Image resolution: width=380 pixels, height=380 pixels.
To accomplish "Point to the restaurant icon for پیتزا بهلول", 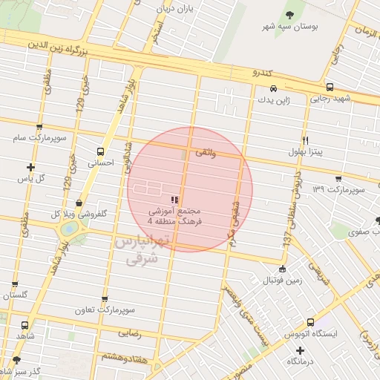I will coord(305,140).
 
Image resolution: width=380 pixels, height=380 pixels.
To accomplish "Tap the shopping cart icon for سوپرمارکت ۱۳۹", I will coord(338,179).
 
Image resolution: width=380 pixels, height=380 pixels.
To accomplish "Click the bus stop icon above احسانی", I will coord(100,151).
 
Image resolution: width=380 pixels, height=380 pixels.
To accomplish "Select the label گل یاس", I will coord(31,179).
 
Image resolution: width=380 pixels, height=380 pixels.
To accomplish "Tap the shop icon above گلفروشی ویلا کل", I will coord(79,203).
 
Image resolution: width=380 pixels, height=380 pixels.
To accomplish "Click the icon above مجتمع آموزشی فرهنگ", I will coord(174,200).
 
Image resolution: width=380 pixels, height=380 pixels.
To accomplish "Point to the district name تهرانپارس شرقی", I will coord(139,251).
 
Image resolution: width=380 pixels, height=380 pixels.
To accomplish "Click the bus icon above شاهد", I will coord(24,325).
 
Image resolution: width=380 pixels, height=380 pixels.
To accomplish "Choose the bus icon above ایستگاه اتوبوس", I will coord(310,322).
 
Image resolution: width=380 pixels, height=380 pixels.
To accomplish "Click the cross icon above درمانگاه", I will coord(300,350).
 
